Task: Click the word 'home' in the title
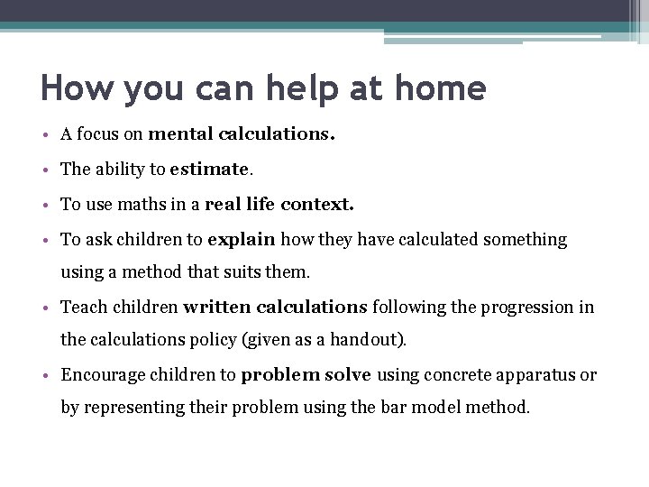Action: (x=437, y=88)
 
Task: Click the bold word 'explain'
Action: (x=242, y=239)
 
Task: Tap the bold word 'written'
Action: (x=217, y=307)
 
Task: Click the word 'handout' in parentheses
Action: (x=370, y=340)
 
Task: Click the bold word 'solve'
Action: (x=348, y=374)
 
